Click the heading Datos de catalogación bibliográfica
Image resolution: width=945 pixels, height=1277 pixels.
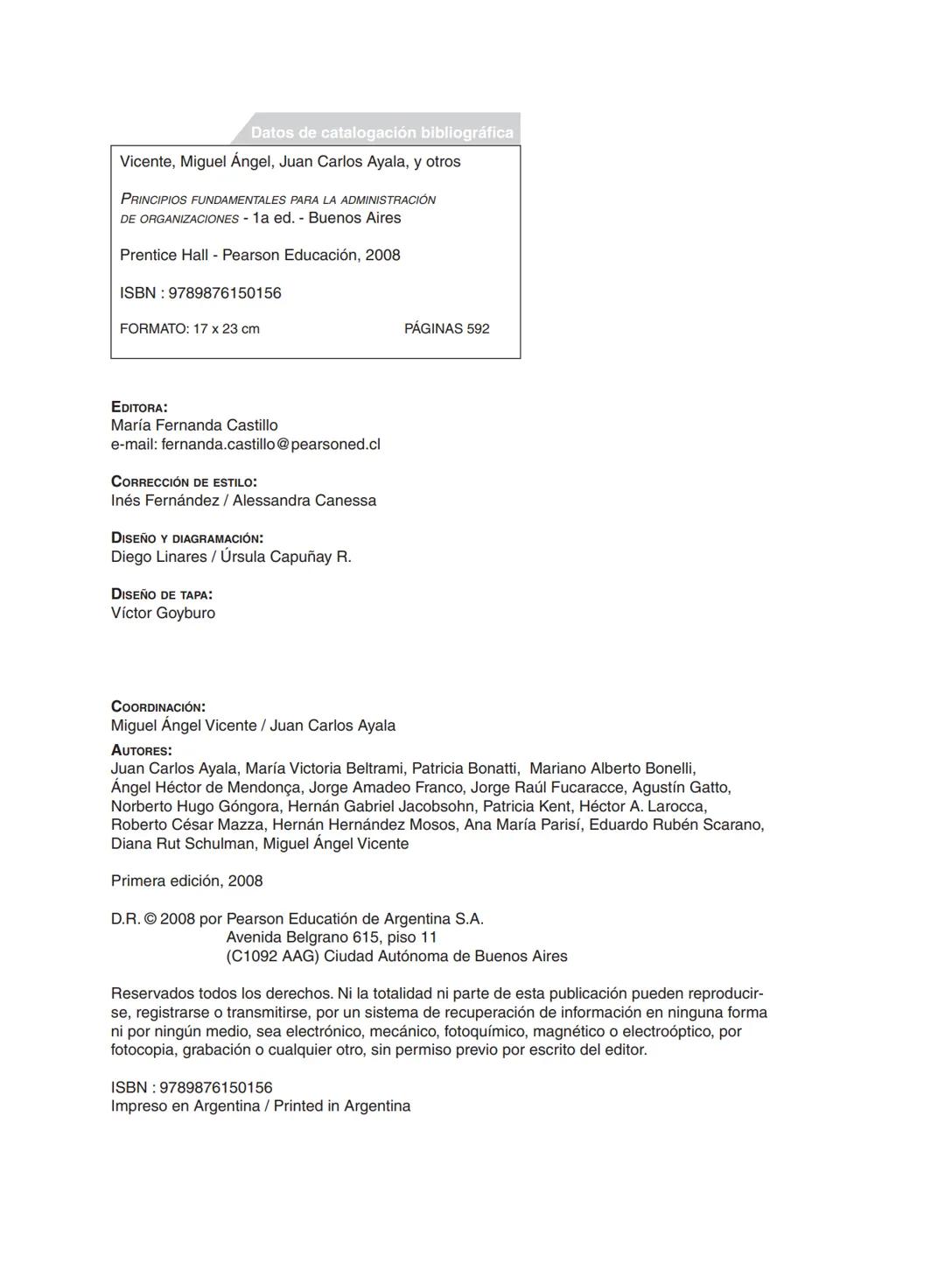click(x=381, y=132)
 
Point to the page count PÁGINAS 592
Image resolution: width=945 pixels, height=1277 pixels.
click(x=446, y=329)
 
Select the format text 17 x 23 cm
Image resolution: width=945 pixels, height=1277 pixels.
click(x=226, y=329)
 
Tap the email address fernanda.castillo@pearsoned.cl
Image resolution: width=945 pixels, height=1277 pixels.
click(x=270, y=444)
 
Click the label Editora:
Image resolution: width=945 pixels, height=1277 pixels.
click(x=139, y=407)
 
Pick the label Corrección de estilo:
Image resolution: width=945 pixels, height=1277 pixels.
click(x=184, y=481)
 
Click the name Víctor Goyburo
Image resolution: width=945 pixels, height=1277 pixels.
click(x=163, y=613)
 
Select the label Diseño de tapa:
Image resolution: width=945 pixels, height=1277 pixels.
click(x=161, y=594)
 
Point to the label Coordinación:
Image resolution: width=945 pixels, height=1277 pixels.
click(x=158, y=706)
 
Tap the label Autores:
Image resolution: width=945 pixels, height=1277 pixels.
click(x=141, y=750)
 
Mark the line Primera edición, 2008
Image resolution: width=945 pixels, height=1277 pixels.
click(x=186, y=881)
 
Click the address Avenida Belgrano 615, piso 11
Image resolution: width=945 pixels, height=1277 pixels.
click(x=332, y=937)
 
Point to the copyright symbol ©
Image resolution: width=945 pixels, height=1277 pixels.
click(x=150, y=918)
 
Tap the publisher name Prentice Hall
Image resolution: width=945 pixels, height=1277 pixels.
click(x=164, y=255)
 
